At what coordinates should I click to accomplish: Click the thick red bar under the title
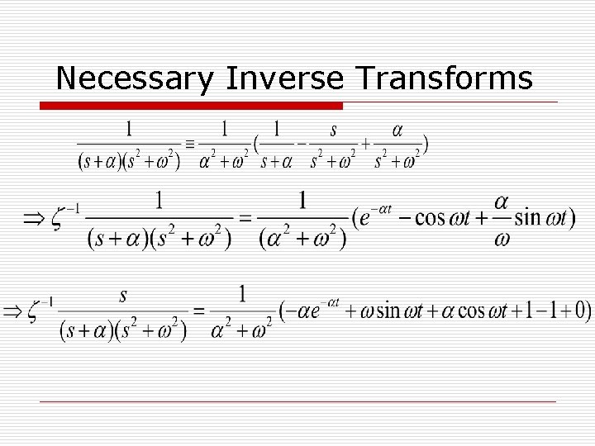[x=192, y=106]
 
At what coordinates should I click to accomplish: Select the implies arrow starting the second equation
[x=33, y=218]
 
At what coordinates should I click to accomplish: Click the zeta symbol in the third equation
[x=35, y=311]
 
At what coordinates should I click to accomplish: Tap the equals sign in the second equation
[x=245, y=219]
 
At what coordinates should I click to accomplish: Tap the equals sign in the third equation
[x=198, y=311]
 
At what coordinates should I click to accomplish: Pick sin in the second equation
[x=526, y=218]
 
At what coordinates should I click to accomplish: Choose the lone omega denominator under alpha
[x=502, y=238]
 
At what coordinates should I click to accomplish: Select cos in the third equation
[x=488, y=311]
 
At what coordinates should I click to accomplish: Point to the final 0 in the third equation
[x=583, y=311]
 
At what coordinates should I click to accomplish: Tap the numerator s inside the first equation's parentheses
[x=333, y=129]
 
